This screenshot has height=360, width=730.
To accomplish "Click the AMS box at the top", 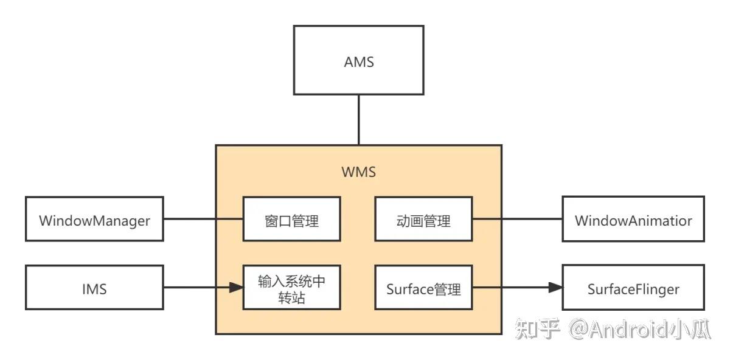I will [358, 61].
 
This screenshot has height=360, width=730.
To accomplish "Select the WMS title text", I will [358, 172].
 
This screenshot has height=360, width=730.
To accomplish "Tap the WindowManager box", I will [94, 220].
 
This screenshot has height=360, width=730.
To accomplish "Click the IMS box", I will [94, 288].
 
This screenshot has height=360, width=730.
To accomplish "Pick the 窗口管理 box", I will [291, 220].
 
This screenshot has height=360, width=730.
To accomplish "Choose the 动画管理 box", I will [423, 220].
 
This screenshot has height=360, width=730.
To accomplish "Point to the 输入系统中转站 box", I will [291, 288].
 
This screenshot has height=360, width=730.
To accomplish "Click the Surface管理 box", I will [423, 288].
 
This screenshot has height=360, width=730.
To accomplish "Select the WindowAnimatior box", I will [633, 220].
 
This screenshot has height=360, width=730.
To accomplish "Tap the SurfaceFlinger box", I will [633, 288].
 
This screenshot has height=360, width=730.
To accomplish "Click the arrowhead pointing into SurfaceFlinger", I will [555, 288].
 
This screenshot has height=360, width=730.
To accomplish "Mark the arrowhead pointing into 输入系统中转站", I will [236, 288].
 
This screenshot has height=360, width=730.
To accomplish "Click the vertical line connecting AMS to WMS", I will [358, 120].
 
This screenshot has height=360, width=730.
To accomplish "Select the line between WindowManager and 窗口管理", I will [203, 219].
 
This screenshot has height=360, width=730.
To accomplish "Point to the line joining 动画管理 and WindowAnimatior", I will [517, 219].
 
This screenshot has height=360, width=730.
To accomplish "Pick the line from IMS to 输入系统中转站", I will [195, 288].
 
